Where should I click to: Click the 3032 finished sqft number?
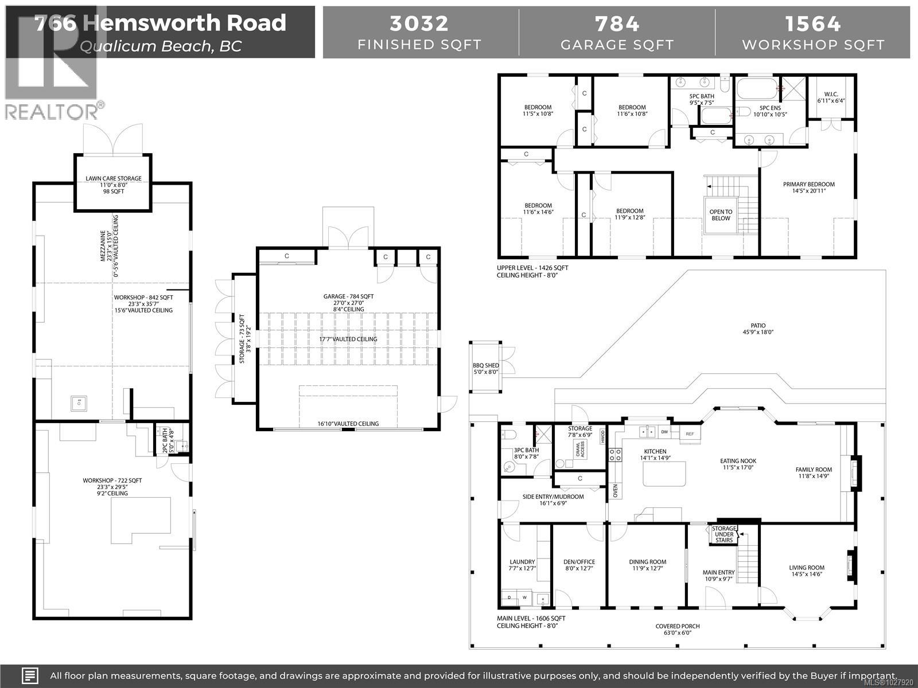tap(419, 24)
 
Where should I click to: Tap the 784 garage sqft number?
tap(617, 24)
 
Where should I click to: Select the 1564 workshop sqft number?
tap(813, 24)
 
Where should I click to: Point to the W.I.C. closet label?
tap(831, 97)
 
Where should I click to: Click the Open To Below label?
tap(721, 215)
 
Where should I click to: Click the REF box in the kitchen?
tap(690, 434)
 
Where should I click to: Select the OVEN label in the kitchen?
tap(615, 491)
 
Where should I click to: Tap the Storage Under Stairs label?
tap(723, 534)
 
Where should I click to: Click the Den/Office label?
tap(578, 565)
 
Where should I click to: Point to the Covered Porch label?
tap(678, 630)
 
